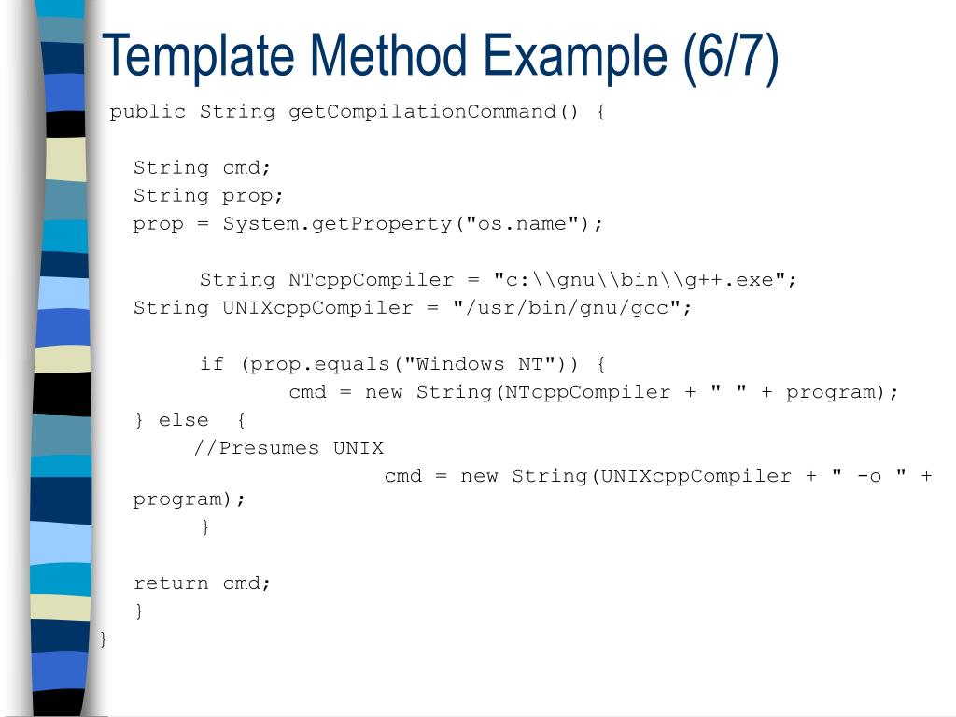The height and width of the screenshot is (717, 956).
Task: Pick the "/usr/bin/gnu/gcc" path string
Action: pos(566,308)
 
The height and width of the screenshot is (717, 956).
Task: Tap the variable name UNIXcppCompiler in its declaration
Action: pos(317,308)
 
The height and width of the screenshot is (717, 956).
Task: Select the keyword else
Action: pos(183,420)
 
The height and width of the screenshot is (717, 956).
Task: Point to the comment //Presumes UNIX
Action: pos(288,448)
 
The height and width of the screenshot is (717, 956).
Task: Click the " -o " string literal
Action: pos(869,476)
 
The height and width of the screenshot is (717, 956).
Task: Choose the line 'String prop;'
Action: pos(208,196)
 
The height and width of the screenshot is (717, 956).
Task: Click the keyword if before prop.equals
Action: pos(212,364)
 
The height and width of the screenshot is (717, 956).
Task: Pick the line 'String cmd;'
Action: pos(202,168)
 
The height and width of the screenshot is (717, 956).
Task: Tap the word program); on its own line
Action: pos(189,499)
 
